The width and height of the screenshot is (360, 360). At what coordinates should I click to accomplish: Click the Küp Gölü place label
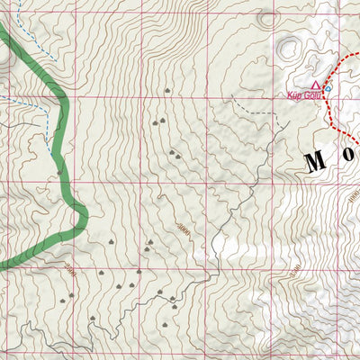click(x=304, y=93)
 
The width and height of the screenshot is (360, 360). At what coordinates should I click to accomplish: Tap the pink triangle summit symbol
click(x=316, y=84)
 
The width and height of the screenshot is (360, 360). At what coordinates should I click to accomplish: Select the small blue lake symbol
click(x=328, y=88)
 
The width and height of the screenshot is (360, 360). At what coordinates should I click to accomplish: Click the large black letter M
click(x=315, y=162)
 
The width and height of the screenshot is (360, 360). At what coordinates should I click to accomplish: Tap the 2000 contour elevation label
click(x=70, y=269)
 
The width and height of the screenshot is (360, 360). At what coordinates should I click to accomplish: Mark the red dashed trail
click(x=331, y=112)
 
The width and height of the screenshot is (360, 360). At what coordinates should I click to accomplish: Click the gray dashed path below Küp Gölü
click(x=256, y=113)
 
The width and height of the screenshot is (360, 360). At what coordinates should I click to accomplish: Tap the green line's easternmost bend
click(x=85, y=214)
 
